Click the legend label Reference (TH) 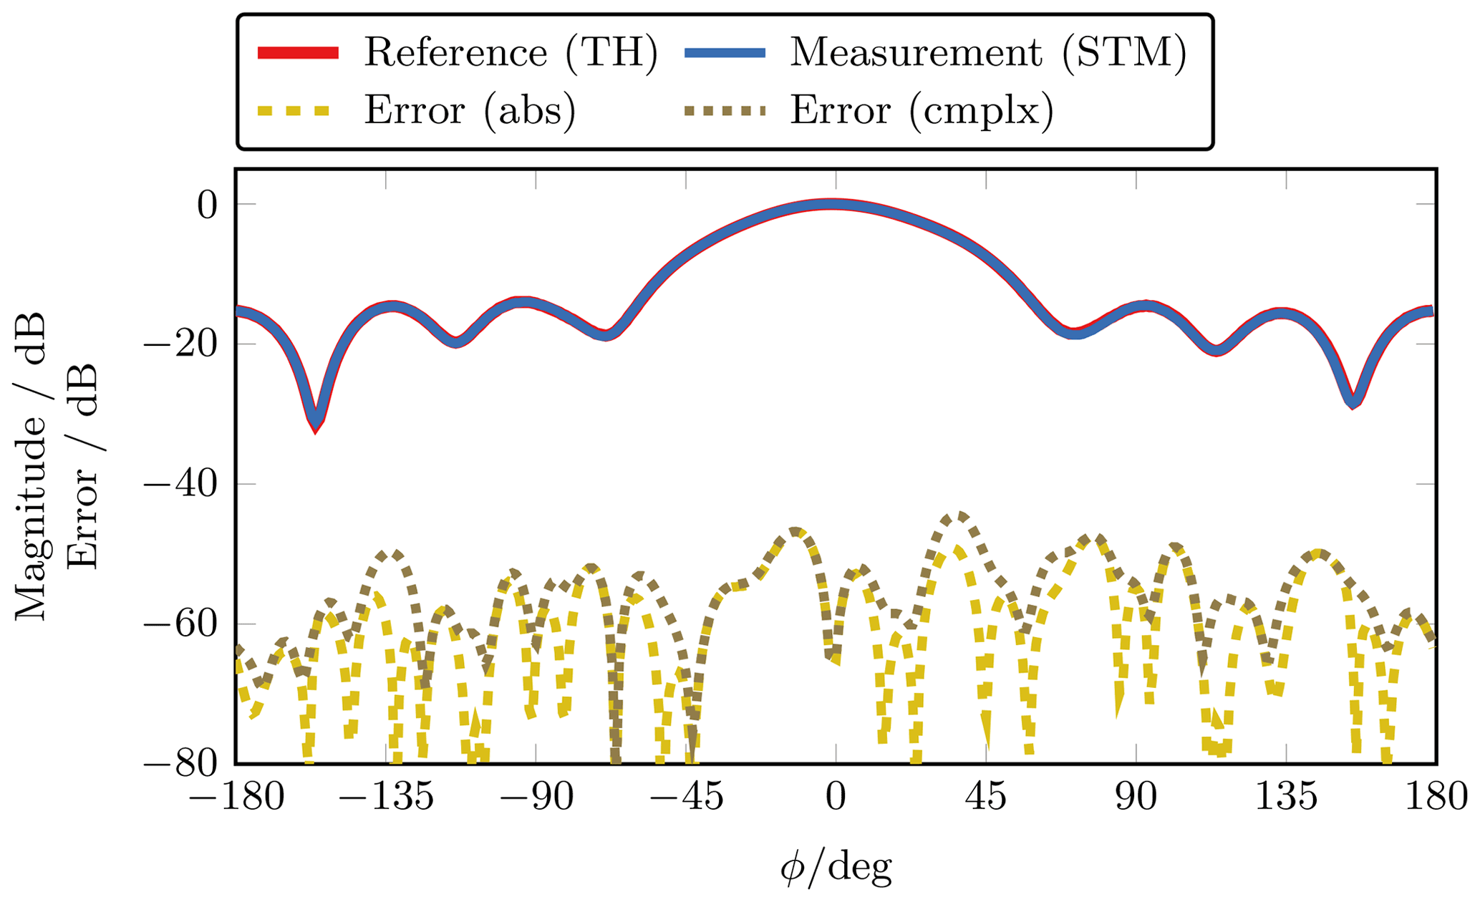coord(511,53)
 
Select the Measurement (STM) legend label coord(988,53)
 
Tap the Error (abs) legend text coord(470,111)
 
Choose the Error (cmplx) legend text coord(922,111)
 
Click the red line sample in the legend coord(298,52)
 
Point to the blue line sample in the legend coord(725,52)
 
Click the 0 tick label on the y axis coord(207,205)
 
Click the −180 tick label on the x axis coord(236,797)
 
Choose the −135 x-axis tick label coord(387,797)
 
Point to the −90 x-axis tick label coord(536,797)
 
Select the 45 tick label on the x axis coord(986,797)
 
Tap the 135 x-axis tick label coord(1286,797)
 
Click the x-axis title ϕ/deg coord(836,868)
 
